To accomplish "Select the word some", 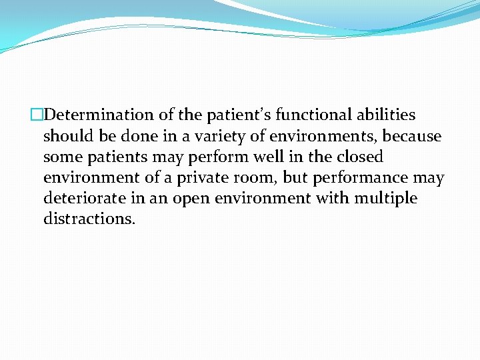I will (61, 157).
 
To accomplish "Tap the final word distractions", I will (89, 219).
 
